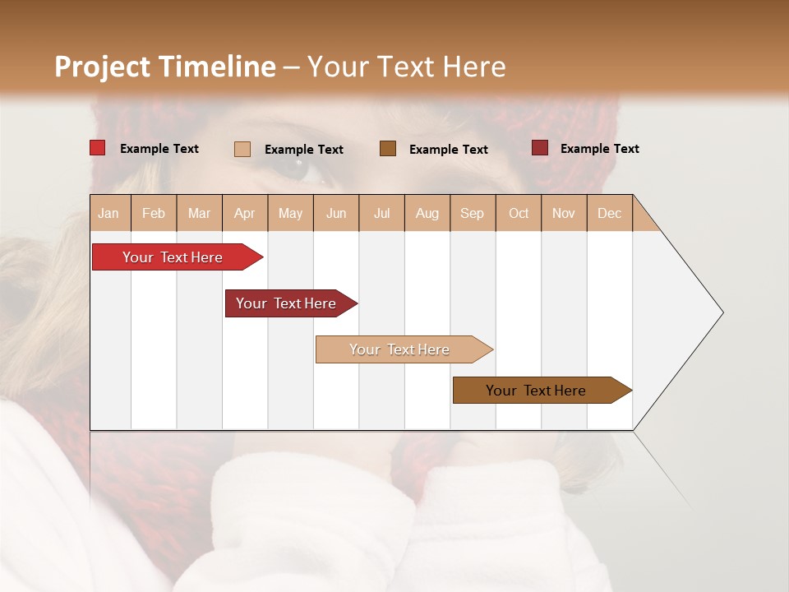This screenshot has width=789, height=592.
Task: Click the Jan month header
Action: coord(109,213)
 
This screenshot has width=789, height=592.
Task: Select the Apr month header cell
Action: coord(245,213)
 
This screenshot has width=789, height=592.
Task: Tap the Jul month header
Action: coord(381,213)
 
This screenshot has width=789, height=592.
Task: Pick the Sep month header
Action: coord(472,213)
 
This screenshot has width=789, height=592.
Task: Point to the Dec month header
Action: coord(609,213)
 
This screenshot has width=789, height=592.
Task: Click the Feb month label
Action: coord(154,213)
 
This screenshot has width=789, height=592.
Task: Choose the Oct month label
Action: coord(519,213)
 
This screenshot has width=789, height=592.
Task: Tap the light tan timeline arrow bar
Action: coord(400,349)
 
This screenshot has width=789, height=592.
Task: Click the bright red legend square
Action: coord(97,148)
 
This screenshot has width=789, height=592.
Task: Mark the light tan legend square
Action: coord(242,149)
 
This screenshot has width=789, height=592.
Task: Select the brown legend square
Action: coord(388,148)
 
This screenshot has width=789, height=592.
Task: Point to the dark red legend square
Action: coord(540,148)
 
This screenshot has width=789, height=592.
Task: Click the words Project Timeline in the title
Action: coord(165,67)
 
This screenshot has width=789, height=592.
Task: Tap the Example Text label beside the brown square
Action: coord(448,149)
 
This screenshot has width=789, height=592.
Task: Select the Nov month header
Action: coord(564,213)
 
